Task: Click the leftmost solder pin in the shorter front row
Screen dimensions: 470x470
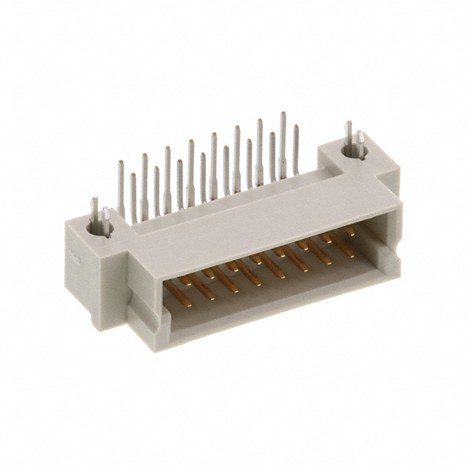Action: pos(133,198)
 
